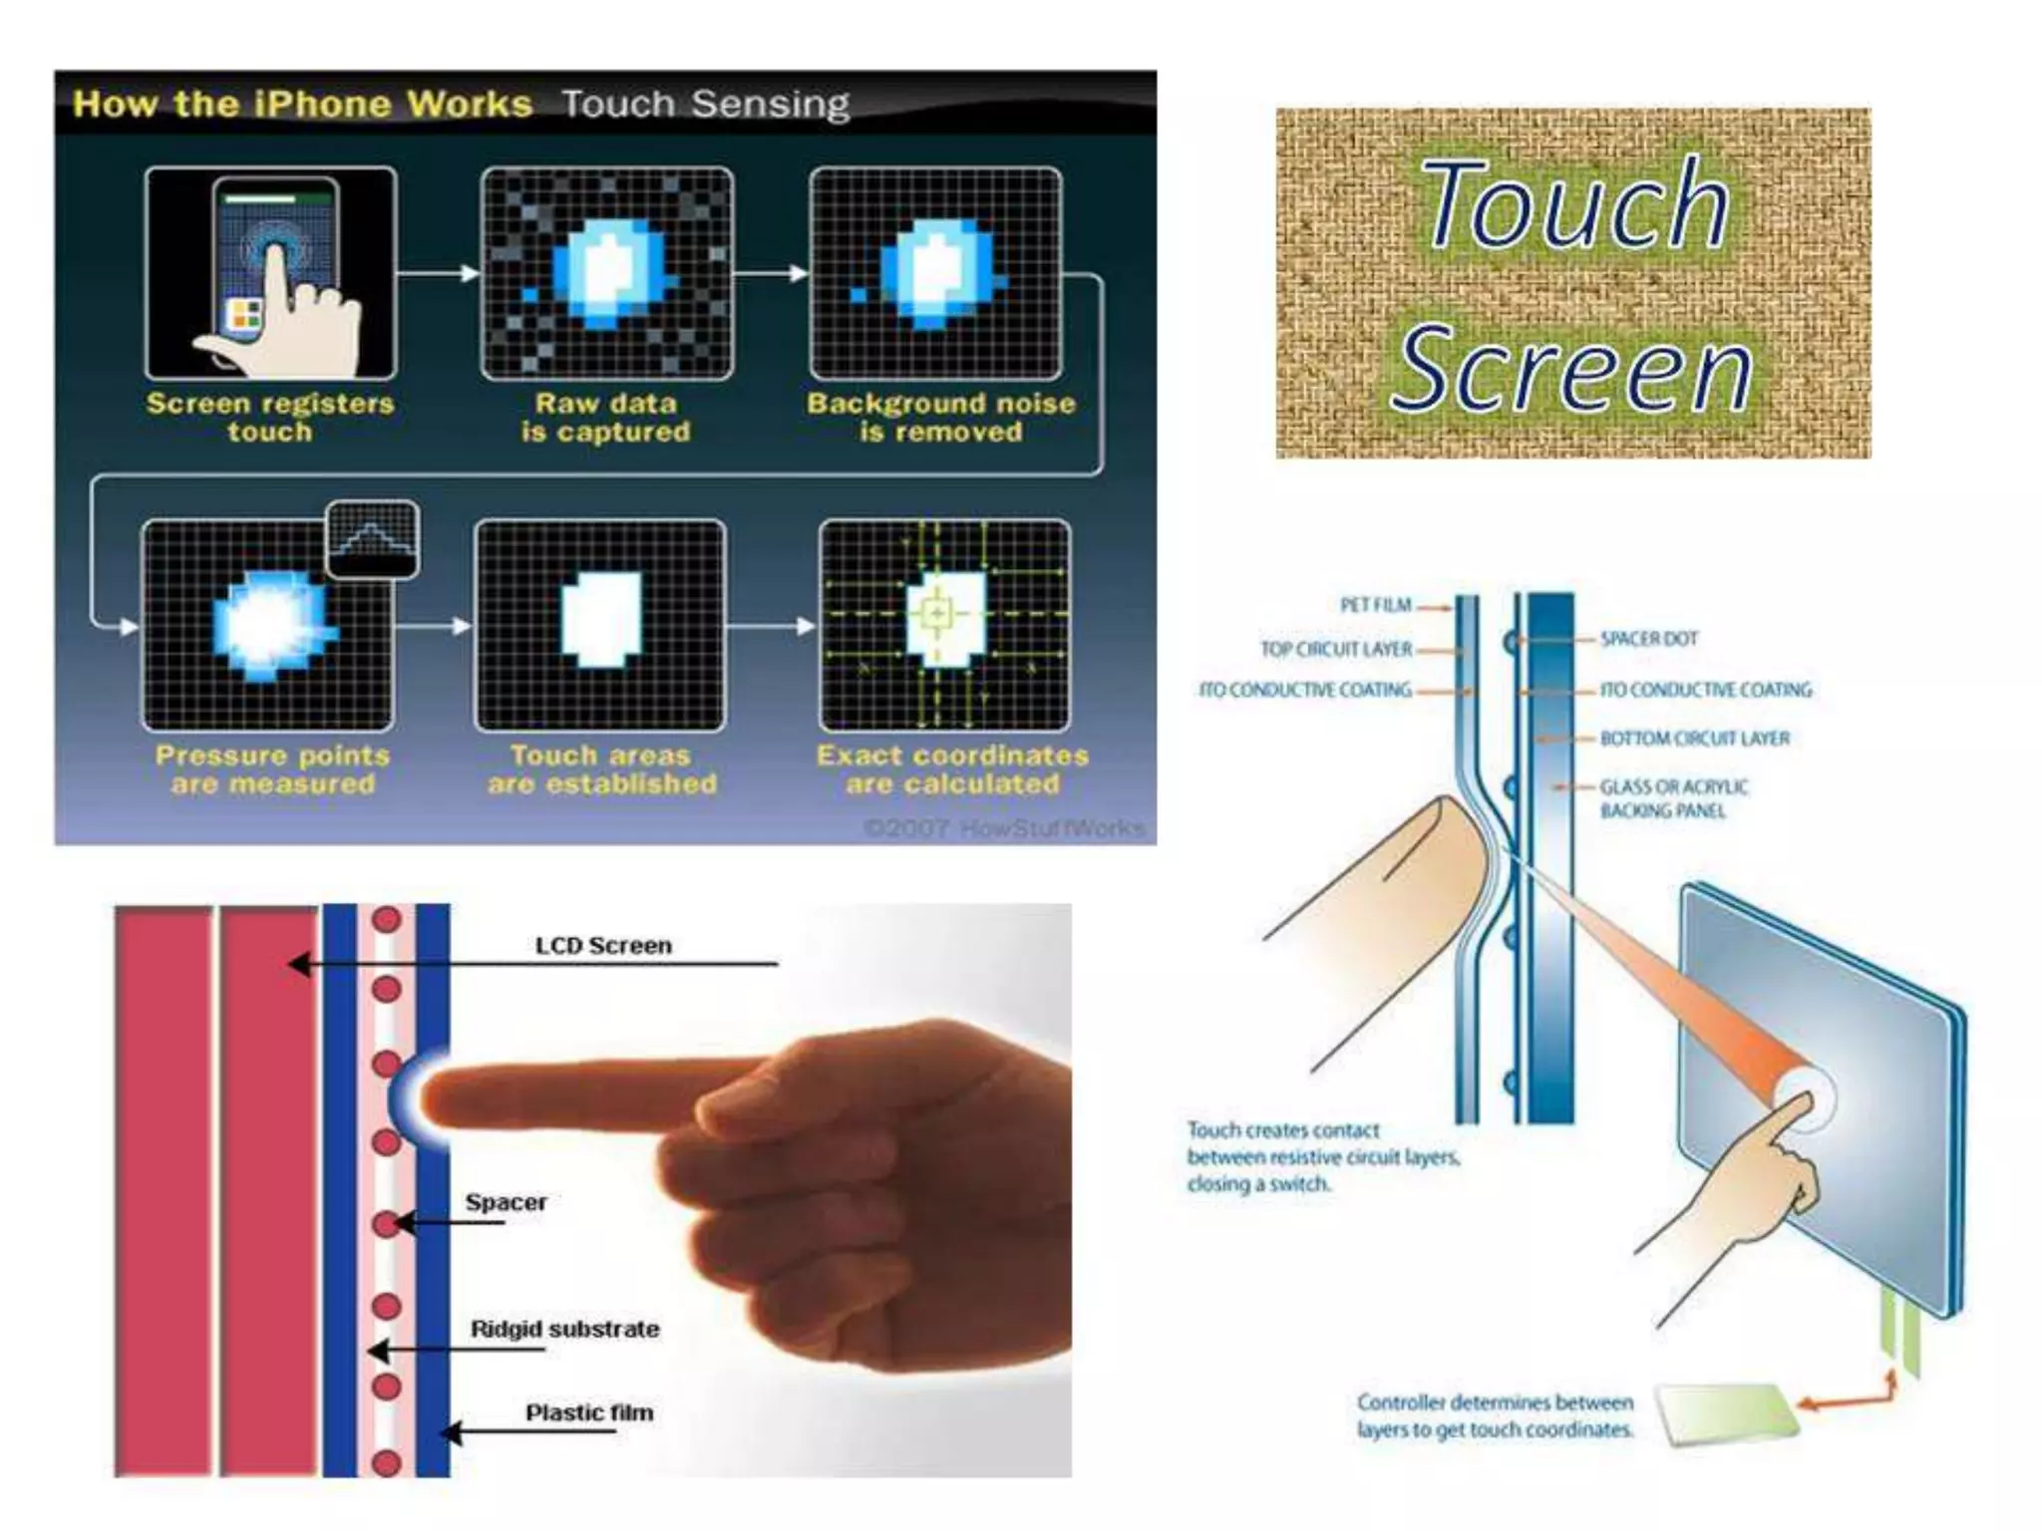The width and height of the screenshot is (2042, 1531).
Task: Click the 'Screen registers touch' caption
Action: pos(270,418)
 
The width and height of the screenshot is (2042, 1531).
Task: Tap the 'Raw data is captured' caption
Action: pos(606,418)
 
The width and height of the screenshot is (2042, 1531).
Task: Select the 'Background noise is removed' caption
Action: pos(941,418)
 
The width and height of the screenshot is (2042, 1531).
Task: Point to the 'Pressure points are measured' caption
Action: pos(272,769)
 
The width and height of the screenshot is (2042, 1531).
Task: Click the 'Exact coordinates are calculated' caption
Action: pos(953,769)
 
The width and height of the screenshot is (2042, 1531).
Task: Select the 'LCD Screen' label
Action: pos(603,945)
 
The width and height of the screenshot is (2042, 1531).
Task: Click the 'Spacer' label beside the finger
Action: pos(507,1202)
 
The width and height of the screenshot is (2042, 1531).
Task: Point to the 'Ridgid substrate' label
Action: pos(564,1329)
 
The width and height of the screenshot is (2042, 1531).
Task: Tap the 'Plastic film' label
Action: pos(589,1412)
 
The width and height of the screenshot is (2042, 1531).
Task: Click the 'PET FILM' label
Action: pos(1375,605)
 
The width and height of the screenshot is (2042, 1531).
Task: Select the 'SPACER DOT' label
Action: pos(1649,639)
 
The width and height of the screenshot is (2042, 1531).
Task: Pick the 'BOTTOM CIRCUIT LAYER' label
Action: pos(1695,739)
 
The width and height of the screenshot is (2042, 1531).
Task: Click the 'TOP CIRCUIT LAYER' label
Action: pos(1336,650)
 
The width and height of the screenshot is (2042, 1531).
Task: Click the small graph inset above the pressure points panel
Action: pos(373,538)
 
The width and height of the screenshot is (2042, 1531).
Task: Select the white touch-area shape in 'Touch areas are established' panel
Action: pos(601,619)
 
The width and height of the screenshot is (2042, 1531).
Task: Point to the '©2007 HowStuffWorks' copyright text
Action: pos(1003,828)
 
